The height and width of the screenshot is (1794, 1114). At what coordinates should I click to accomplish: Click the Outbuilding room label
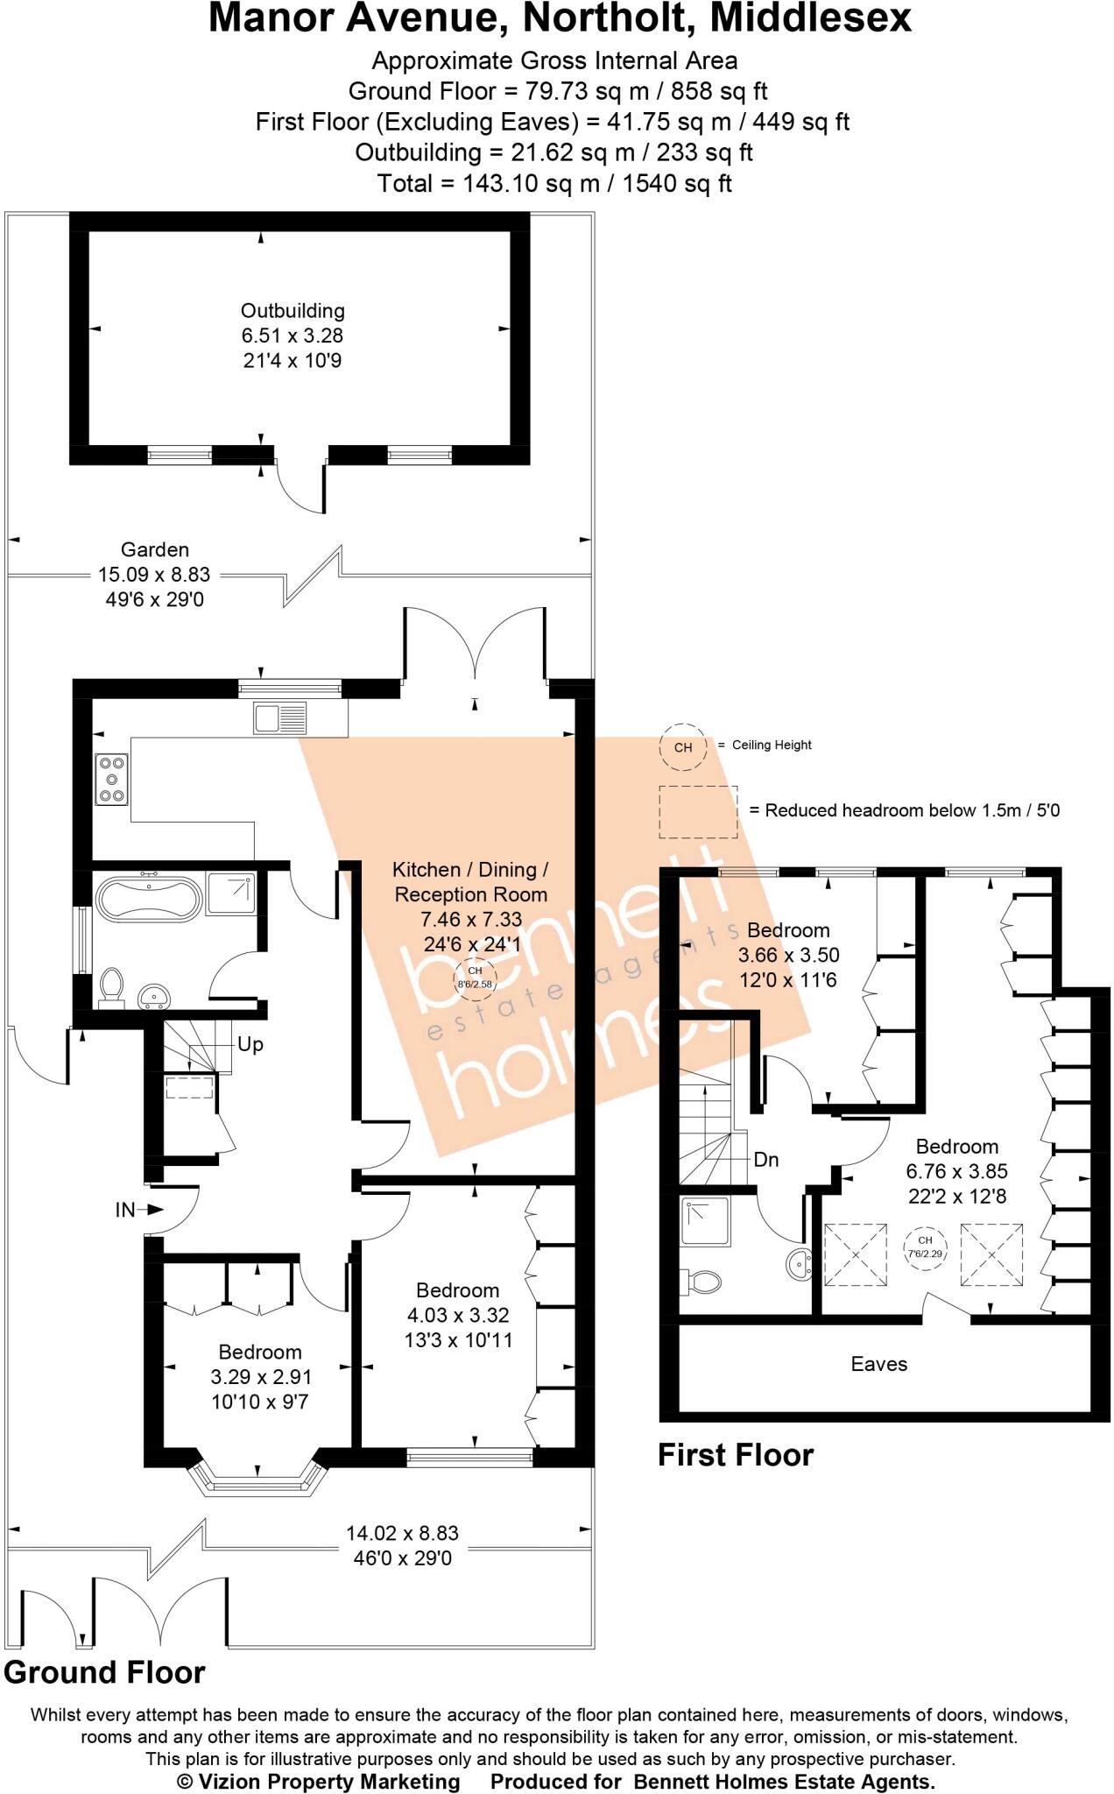[x=293, y=311]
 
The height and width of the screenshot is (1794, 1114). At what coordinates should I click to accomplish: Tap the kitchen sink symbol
[x=280, y=718]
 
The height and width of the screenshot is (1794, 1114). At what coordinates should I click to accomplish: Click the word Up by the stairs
[x=250, y=1044]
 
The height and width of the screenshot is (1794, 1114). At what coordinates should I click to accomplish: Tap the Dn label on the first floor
[x=765, y=1159]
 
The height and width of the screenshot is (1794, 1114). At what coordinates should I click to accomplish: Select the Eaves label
[x=878, y=1364]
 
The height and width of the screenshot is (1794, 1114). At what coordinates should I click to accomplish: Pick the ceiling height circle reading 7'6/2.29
[x=925, y=1247]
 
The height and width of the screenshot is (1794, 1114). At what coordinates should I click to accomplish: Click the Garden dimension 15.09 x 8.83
[x=154, y=575]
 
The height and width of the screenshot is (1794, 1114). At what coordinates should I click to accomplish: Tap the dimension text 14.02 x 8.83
[x=402, y=1533]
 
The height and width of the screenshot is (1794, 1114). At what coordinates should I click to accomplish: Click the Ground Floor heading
[x=104, y=1672]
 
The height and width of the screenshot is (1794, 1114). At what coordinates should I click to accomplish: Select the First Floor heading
[x=736, y=1455]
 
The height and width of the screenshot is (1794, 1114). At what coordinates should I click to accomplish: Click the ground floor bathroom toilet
[x=111, y=986]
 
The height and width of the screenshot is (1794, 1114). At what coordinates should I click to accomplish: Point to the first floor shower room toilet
[x=703, y=1282]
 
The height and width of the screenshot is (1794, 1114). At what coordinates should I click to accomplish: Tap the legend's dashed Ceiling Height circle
[x=683, y=747]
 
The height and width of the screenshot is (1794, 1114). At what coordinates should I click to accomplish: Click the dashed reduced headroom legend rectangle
[x=698, y=811]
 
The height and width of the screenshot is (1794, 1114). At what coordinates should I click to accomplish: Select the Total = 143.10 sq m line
[x=554, y=183]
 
